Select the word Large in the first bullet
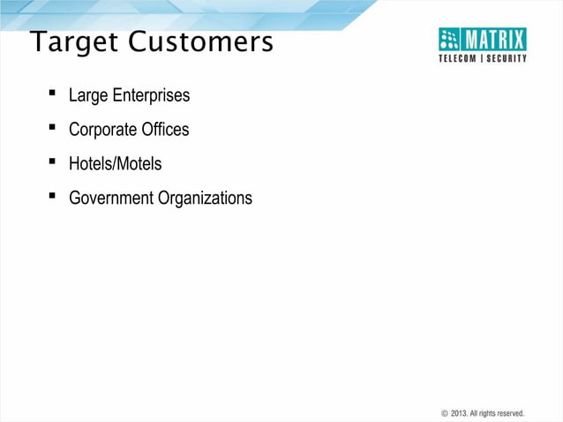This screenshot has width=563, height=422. click(x=87, y=95)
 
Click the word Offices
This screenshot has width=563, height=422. click(x=165, y=130)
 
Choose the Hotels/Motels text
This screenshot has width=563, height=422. click(x=115, y=164)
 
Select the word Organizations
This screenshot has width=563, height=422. click(x=206, y=199)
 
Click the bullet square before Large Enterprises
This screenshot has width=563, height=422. click(x=53, y=93)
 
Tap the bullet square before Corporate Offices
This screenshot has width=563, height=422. click(x=53, y=127)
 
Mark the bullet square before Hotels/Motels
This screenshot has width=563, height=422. click(x=53, y=162)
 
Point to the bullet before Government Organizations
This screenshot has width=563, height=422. click(x=53, y=196)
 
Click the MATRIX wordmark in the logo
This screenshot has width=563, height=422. click(x=495, y=39)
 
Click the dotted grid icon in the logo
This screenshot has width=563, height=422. click(x=451, y=39)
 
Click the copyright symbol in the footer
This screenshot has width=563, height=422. click(x=444, y=413)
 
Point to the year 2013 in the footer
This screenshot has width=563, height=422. click(x=459, y=413)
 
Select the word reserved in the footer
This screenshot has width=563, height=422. click(x=508, y=413)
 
